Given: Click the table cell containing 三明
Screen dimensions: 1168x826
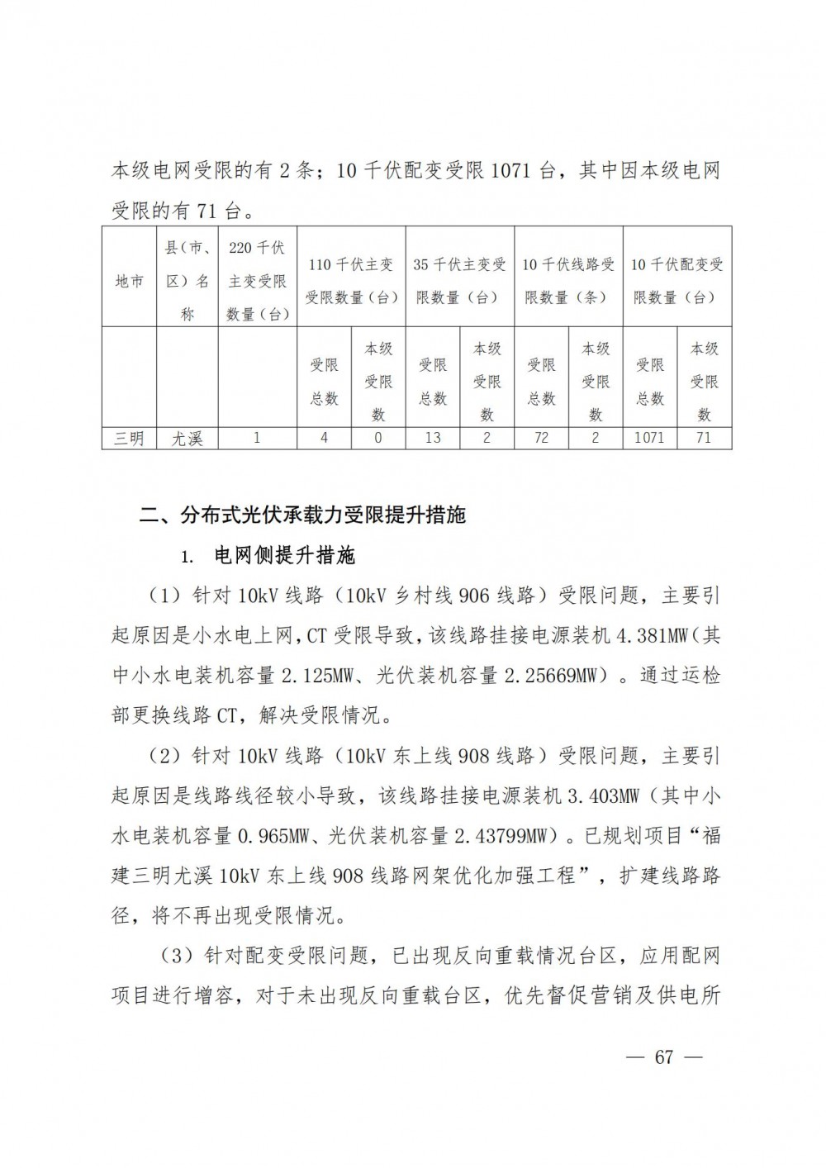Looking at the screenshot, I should tap(129, 438).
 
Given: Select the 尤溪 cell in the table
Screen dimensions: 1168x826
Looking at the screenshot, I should tap(187, 438).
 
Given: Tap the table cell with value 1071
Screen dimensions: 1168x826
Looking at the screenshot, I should tap(648, 438).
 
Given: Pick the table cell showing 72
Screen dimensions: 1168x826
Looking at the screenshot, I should tap(541, 438).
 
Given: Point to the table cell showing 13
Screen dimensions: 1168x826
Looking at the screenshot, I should tap(433, 438).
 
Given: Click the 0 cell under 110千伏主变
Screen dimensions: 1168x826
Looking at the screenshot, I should tap(378, 438).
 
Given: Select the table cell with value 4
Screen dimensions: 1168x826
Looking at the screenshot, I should tap(324, 438).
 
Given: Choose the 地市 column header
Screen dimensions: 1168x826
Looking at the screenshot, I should tap(129, 281).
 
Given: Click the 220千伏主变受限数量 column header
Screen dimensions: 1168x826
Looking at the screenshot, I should tap(256, 281).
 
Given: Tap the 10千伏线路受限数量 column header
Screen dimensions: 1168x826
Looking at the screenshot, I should tap(568, 281).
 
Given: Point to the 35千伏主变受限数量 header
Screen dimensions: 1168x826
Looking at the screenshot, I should tap(459, 281).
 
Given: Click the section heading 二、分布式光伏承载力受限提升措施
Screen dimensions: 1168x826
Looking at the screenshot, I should tap(303, 515).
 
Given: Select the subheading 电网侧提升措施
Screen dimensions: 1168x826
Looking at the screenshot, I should tap(284, 556).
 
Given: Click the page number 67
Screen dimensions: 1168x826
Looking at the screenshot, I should tap(665, 1057).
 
